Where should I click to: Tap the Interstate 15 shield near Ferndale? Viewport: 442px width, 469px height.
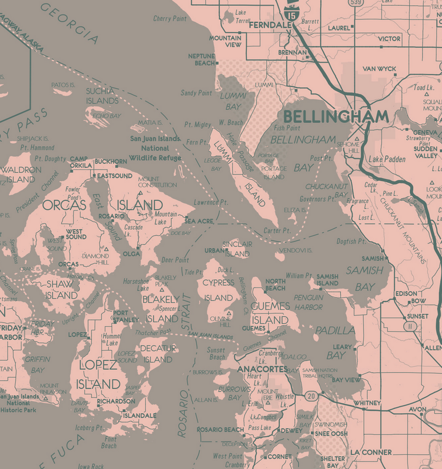[x=290, y=10]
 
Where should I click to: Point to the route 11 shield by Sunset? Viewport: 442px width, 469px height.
[x=410, y=326]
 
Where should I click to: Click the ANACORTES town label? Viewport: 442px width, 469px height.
[x=262, y=369]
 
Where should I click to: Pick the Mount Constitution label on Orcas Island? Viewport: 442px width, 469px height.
[x=157, y=182]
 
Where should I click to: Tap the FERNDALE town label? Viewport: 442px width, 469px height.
[x=270, y=25]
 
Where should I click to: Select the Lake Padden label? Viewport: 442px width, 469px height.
[x=387, y=159]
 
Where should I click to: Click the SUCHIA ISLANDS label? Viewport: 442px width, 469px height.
[x=102, y=96]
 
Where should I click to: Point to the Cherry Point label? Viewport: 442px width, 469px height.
[x=170, y=19]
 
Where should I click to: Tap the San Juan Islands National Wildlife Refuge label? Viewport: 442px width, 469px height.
[x=155, y=148]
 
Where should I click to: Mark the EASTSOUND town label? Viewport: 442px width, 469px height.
[x=115, y=176]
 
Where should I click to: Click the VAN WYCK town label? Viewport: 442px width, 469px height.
[x=379, y=69]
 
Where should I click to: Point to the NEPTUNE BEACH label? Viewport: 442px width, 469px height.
[x=202, y=59]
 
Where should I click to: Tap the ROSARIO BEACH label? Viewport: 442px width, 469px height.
[x=220, y=430]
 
